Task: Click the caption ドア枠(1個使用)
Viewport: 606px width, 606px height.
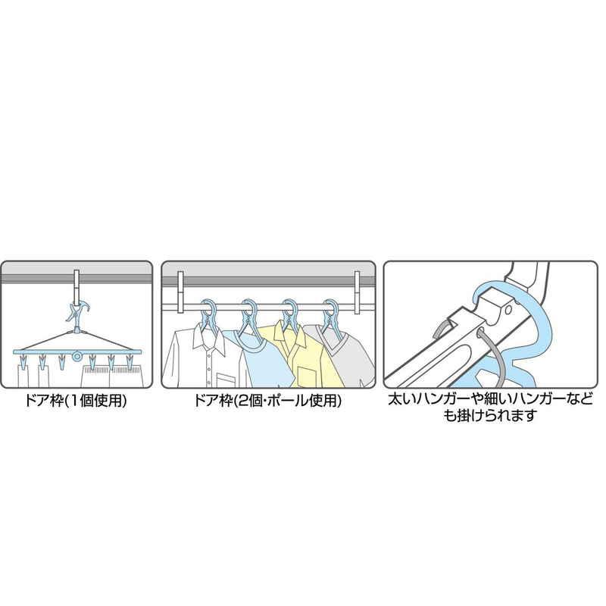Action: point(76,401)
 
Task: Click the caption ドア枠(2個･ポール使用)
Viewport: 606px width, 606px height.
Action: point(267,401)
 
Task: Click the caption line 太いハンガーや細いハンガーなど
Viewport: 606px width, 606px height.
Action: point(490,399)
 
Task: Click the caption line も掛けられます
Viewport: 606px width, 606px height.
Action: point(490,415)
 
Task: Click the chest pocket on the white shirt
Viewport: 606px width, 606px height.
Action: point(228,379)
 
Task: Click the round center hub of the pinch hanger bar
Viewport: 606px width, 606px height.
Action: point(78,356)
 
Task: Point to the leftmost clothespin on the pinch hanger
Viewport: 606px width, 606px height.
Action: point(23,361)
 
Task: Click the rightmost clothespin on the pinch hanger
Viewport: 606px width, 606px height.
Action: point(130,361)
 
